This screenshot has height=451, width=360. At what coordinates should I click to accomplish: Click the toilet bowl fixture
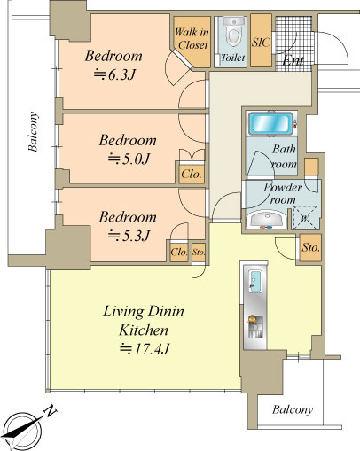(233, 33)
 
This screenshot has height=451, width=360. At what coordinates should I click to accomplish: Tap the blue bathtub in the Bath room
(269, 123)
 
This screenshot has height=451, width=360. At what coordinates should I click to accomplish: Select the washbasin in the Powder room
(267, 220)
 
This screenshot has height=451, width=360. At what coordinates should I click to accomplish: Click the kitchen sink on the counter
(254, 281)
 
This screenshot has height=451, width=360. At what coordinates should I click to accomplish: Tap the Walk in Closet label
(192, 38)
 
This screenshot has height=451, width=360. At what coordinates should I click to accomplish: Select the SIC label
(261, 43)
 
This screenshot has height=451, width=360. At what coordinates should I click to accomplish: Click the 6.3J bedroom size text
(114, 74)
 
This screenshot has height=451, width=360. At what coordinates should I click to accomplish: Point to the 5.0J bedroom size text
(129, 159)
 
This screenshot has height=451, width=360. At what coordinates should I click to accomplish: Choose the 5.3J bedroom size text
(129, 236)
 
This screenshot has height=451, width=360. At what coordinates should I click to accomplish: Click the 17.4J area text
(145, 349)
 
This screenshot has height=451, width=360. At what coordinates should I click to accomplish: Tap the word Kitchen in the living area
(144, 330)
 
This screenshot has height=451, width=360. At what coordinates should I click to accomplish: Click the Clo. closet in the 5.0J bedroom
(192, 174)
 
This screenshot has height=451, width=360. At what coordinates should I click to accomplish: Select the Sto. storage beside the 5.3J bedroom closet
(199, 253)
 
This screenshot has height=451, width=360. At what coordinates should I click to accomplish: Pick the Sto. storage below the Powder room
(310, 247)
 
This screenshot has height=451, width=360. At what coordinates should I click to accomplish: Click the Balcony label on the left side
(33, 131)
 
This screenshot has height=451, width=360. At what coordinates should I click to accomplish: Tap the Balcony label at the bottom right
(293, 409)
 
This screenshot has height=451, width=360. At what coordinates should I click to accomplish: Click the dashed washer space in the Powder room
(305, 218)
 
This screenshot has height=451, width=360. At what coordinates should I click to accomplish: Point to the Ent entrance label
(293, 61)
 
